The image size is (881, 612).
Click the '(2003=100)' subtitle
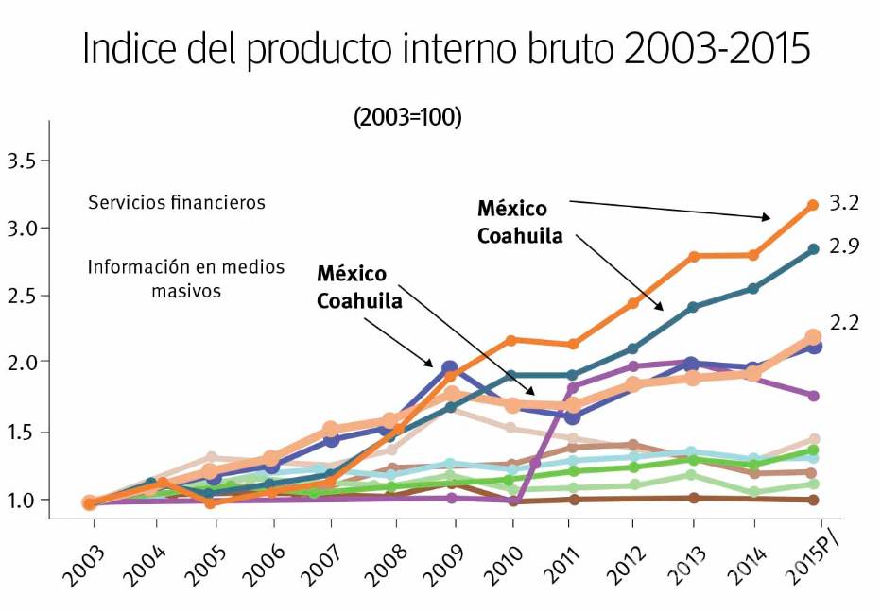[x=407, y=118]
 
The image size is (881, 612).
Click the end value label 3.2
[x=844, y=204]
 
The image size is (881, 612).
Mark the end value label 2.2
[x=844, y=323]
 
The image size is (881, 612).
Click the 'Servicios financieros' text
[x=177, y=202]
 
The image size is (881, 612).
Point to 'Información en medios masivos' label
[x=186, y=279]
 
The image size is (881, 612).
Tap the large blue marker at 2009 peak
[x=450, y=367]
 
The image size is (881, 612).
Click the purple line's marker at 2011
[x=573, y=387]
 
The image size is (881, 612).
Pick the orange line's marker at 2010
[x=511, y=340]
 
